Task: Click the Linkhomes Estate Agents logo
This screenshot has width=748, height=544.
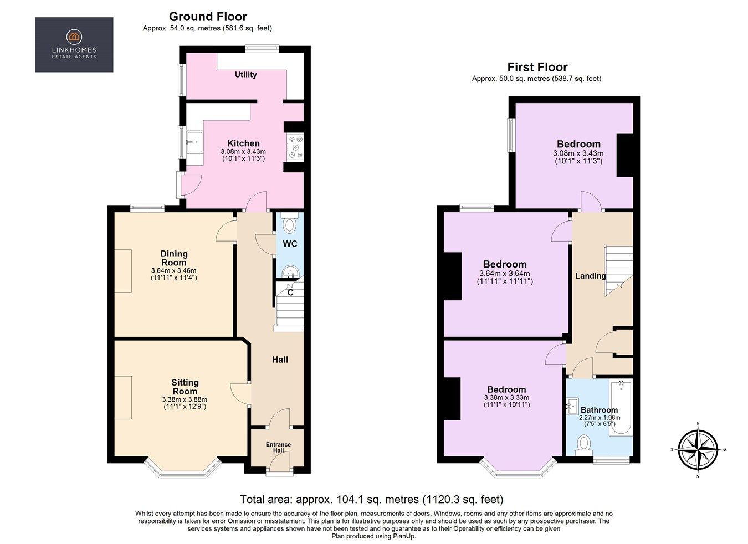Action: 74,45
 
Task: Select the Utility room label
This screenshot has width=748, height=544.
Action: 245,75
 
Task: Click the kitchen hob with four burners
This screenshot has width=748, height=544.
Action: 295,147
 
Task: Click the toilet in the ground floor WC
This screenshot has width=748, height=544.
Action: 289,224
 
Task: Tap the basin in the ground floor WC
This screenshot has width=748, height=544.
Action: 289,271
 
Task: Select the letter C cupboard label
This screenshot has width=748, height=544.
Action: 290,292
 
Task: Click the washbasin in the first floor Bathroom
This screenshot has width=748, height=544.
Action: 573,406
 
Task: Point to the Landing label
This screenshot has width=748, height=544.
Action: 590,276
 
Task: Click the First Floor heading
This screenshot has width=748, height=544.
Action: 537,68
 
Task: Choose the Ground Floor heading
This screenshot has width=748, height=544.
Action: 208,17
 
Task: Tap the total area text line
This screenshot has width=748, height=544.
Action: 371,499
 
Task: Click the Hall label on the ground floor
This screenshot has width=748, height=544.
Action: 280,360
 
